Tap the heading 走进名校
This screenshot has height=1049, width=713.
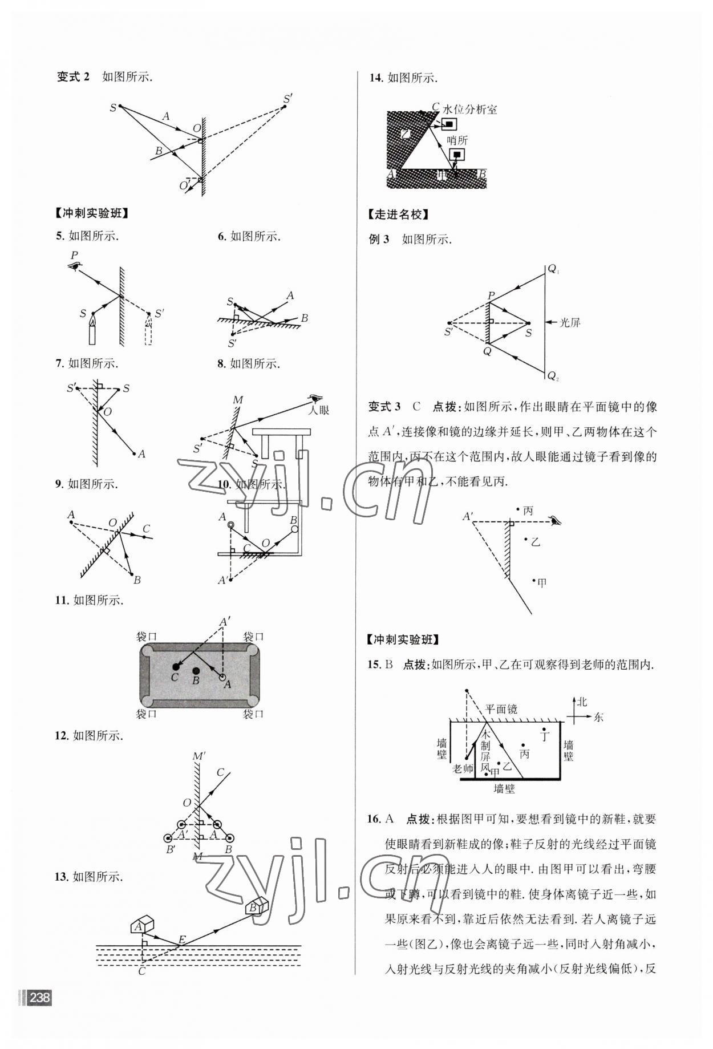click(x=398, y=214)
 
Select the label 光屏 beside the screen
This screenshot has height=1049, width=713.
click(x=570, y=322)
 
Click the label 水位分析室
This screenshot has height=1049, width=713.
click(x=469, y=110)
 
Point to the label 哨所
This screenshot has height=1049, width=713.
click(x=457, y=140)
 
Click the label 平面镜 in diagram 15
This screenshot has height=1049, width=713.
click(x=501, y=709)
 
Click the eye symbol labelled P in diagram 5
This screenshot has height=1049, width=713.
click(x=74, y=266)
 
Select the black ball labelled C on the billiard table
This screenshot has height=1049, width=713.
click(x=176, y=666)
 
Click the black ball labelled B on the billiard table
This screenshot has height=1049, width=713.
click(x=196, y=671)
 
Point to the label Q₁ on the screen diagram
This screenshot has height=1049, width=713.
click(x=553, y=269)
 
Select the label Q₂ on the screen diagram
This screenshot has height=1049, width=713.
click(x=553, y=376)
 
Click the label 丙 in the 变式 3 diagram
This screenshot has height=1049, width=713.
click(x=528, y=511)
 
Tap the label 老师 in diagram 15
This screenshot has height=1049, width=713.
click(x=463, y=768)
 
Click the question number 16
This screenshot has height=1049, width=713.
click(x=374, y=819)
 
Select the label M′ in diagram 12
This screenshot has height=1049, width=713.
click(x=199, y=756)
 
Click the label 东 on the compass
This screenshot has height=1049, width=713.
click(x=598, y=717)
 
